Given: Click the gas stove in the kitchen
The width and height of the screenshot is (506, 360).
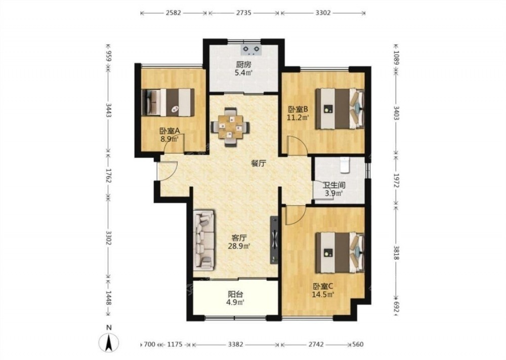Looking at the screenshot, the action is [x=251, y=50].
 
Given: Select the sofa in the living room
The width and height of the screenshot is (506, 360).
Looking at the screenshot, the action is [x=204, y=239].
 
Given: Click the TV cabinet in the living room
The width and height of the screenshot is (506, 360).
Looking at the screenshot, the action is [x=274, y=239].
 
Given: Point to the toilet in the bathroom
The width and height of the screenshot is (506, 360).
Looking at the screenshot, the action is [x=345, y=164].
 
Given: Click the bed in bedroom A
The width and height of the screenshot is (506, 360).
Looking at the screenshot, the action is [x=168, y=102].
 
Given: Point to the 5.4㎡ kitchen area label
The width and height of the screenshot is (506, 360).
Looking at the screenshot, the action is [x=244, y=72].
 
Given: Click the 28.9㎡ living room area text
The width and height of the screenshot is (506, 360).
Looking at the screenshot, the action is [x=240, y=247].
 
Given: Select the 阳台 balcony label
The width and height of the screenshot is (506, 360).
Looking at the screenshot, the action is [x=236, y=294].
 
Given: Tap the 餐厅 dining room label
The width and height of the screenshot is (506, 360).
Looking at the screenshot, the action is [x=259, y=164].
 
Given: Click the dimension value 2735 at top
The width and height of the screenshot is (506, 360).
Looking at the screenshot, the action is [x=244, y=13].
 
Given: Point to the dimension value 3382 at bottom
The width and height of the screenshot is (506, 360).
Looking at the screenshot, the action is [x=236, y=344].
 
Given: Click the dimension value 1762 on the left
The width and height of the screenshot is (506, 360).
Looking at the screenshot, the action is [x=108, y=176].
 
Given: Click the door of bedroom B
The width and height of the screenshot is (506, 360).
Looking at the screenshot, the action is [x=297, y=146].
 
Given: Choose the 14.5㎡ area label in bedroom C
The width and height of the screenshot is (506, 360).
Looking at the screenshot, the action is [x=323, y=294].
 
